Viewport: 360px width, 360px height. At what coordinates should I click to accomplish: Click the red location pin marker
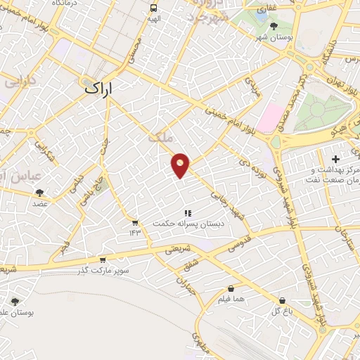pos(181,165)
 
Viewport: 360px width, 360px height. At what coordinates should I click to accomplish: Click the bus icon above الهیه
pos(154,8)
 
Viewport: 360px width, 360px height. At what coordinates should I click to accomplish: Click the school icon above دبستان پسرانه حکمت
pos(187,212)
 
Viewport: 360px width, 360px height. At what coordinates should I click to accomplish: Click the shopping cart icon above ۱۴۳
pos(134,222)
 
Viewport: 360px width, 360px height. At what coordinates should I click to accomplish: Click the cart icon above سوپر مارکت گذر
pos(103,259)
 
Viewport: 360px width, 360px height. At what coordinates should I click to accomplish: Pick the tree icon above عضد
pos(39,192)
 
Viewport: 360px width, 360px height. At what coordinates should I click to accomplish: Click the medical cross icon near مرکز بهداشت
pos(345,160)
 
